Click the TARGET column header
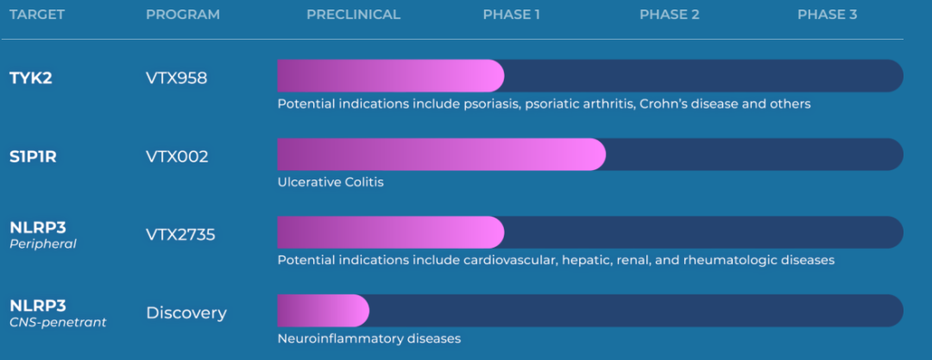tap(37, 15)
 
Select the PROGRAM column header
tap(183, 15)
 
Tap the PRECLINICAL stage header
tap(354, 15)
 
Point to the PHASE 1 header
tap(511, 15)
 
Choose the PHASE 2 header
tap(670, 15)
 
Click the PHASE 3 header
tap(828, 15)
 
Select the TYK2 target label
tap(31, 78)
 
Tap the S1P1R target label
tap(34, 157)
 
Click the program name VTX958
tap(177, 78)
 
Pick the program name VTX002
tap(177, 157)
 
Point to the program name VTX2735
tap(180, 235)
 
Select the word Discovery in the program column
tap(186, 313)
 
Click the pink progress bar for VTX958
tap(391, 76)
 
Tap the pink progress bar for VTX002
tap(442, 155)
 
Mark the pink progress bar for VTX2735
tap(391, 232)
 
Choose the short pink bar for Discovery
tap(324, 310)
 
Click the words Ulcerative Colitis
tap(331, 182)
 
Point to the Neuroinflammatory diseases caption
tap(369, 339)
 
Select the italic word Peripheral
tap(43, 244)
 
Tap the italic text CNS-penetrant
tap(59, 323)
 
